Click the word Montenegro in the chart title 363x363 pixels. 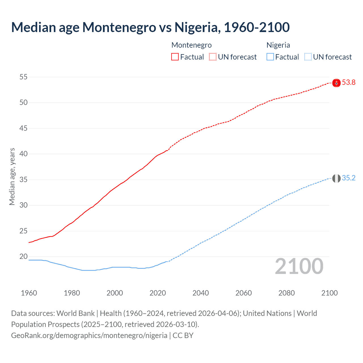pyautogui.click(x=119, y=27)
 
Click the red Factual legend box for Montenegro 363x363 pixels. pyautogui.click(x=175, y=57)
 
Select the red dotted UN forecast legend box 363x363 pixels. pyautogui.click(x=213, y=57)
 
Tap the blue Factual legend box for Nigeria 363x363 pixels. pyautogui.click(x=270, y=57)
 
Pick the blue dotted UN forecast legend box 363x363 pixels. pyautogui.click(x=308, y=57)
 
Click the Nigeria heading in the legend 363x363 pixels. pyautogui.click(x=278, y=45)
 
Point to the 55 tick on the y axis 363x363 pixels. pyautogui.click(x=24, y=77)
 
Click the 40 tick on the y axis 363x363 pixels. pyautogui.click(x=24, y=154)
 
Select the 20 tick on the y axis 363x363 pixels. pyautogui.click(x=24, y=257)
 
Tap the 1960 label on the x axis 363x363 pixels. pyautogui.click(x=29, y=293)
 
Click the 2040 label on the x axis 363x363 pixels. pyautogui.click(x=201, y=293)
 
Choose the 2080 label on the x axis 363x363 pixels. pyautogui.click(x=286, y=293)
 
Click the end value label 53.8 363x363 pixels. pyautogui.click(x=349, y=83)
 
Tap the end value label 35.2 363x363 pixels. pyautogui.click(x=349, y=178)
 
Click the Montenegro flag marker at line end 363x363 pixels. pyautogui.click(x=336, y=83)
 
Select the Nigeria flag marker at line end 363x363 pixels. pyautogui.click(x=336, y=178)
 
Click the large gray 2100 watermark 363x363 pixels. pyautogui.click(x=299, y=266)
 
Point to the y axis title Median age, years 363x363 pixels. pyautogui.click(x=12, y=176)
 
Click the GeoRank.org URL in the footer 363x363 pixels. pyautogui.click(x=89, y=335)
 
